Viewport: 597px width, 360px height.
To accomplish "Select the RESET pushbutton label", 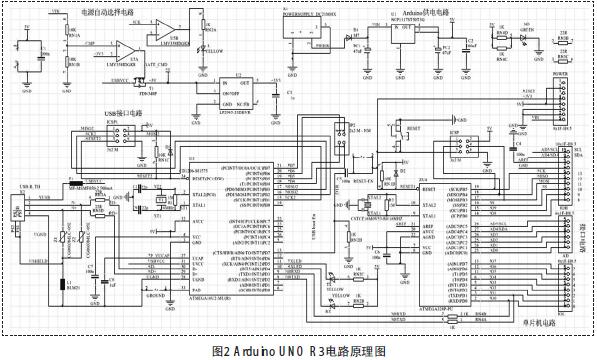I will coord(413,130).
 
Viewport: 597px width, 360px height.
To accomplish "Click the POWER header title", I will coord(557,76).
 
